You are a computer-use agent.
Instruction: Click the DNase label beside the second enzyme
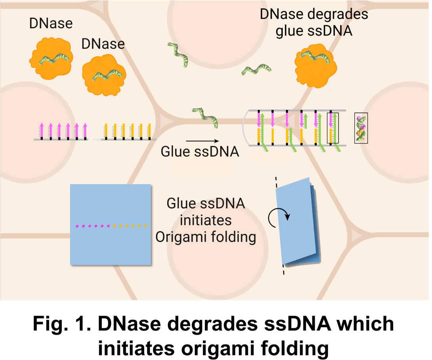(103, 44)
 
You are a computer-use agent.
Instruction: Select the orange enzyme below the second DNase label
(104, 75)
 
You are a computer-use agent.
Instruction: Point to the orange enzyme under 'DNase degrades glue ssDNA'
(315, 63)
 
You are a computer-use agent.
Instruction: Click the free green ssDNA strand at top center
(177, 54)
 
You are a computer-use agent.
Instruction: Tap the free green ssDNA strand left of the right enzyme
(257, 70)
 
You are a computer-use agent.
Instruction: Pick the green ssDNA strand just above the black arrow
(205, 118)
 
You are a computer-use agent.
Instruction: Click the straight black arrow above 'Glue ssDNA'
(202, 141)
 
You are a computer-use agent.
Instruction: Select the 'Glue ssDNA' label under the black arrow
(200, 152)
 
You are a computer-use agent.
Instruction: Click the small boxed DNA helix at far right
(361, 128)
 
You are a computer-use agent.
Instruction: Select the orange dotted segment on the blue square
(131, 226)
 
